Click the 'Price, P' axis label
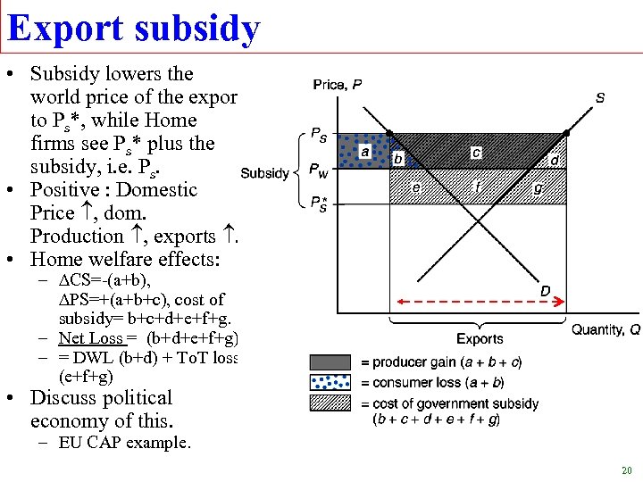point(338,85)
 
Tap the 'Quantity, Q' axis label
point(605,329)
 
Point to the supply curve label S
point(599,97)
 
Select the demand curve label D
point(545,290)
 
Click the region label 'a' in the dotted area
point(364,152)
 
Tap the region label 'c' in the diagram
point(476,153)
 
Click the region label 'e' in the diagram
point(416,187)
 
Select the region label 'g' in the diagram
point(537,188)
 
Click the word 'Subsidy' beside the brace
point(264,173)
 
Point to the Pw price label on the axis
point(318,169)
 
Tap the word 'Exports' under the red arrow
point(480,338)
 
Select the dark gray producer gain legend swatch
point(330,362)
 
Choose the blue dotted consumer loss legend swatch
point(330,382)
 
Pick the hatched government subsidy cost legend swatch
point(330,403)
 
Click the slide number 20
point(626,470)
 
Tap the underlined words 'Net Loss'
point(91,337)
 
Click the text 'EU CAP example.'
point(124,443)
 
